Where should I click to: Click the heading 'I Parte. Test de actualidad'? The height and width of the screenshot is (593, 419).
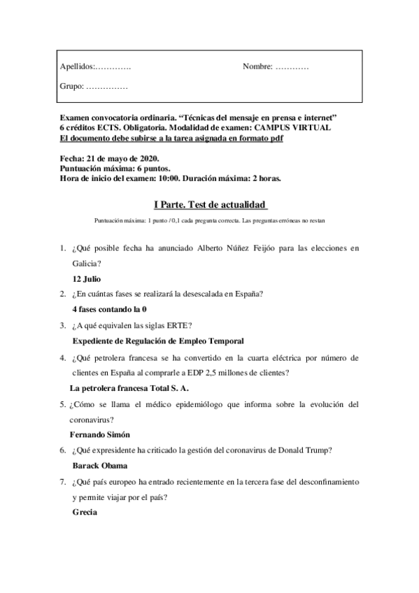(x=210, y=204)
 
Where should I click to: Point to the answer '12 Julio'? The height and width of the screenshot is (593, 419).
(x=88, y=278)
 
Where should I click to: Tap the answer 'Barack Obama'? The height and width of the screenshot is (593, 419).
(x=101, y=465)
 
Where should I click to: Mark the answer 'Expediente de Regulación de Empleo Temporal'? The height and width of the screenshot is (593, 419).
(x=158, y=341)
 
